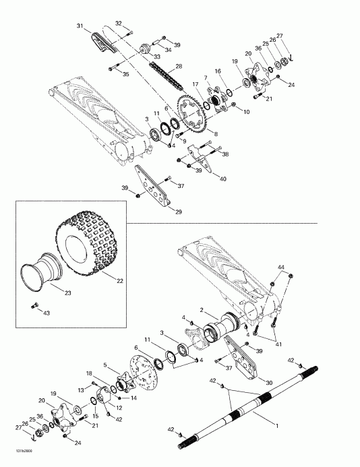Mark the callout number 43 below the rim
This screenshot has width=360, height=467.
tap(47, 313)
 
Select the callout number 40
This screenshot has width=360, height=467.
tap(223, 179)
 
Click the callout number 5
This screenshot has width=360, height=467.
tap(105, 365)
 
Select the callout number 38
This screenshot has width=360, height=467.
tap(224, 154)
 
